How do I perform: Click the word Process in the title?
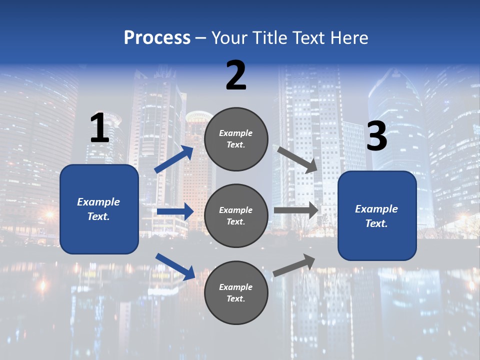[157, 37]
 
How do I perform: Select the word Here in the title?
[349, 37]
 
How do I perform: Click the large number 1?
[99, 128]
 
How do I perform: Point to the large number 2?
[236, 75]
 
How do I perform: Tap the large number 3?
[376, 136]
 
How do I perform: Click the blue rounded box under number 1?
[99, 209]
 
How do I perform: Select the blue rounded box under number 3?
[377, 216]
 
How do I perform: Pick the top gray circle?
[236, 139]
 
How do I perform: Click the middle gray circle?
[236, 215]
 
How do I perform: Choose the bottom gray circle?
[236, 292]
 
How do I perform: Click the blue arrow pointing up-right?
[174, 159]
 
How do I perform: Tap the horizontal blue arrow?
[175, 211]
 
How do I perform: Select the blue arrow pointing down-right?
[175, 266]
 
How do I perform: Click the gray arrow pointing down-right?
[297, 159]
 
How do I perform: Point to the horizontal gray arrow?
[295, 210]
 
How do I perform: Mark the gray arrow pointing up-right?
[294, 265]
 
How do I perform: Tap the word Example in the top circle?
[236, 133]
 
